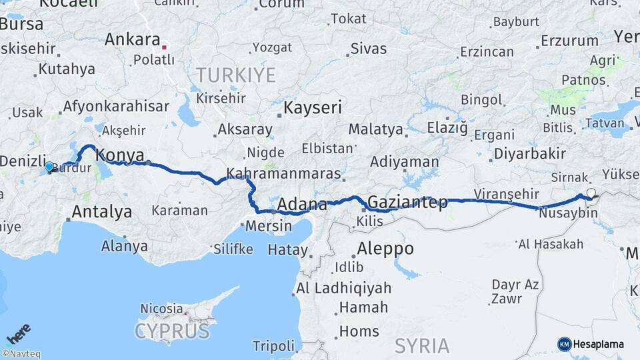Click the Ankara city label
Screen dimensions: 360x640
coord(133,39)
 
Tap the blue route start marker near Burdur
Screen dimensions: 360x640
coord(49,167)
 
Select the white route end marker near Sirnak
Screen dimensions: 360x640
coord(591,193)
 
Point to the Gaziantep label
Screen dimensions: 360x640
coord(407,202)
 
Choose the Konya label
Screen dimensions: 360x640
coord(120,155)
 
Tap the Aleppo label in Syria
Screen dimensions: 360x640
coord(385,249)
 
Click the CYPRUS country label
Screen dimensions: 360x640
coord(172,331)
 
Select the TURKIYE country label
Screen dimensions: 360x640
coord(235,75)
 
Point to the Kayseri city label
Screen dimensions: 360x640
coord(313,107)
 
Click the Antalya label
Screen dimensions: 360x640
coord(101,212)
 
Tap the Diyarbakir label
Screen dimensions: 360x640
coord(529,154)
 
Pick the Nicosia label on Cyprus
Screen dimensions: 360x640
coord(161,309)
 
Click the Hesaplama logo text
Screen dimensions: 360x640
coord(598,344)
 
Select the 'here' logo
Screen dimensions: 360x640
coord(19,333)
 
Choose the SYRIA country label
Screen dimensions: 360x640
coord(421,345)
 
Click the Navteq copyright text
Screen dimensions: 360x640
coord(21,354)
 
